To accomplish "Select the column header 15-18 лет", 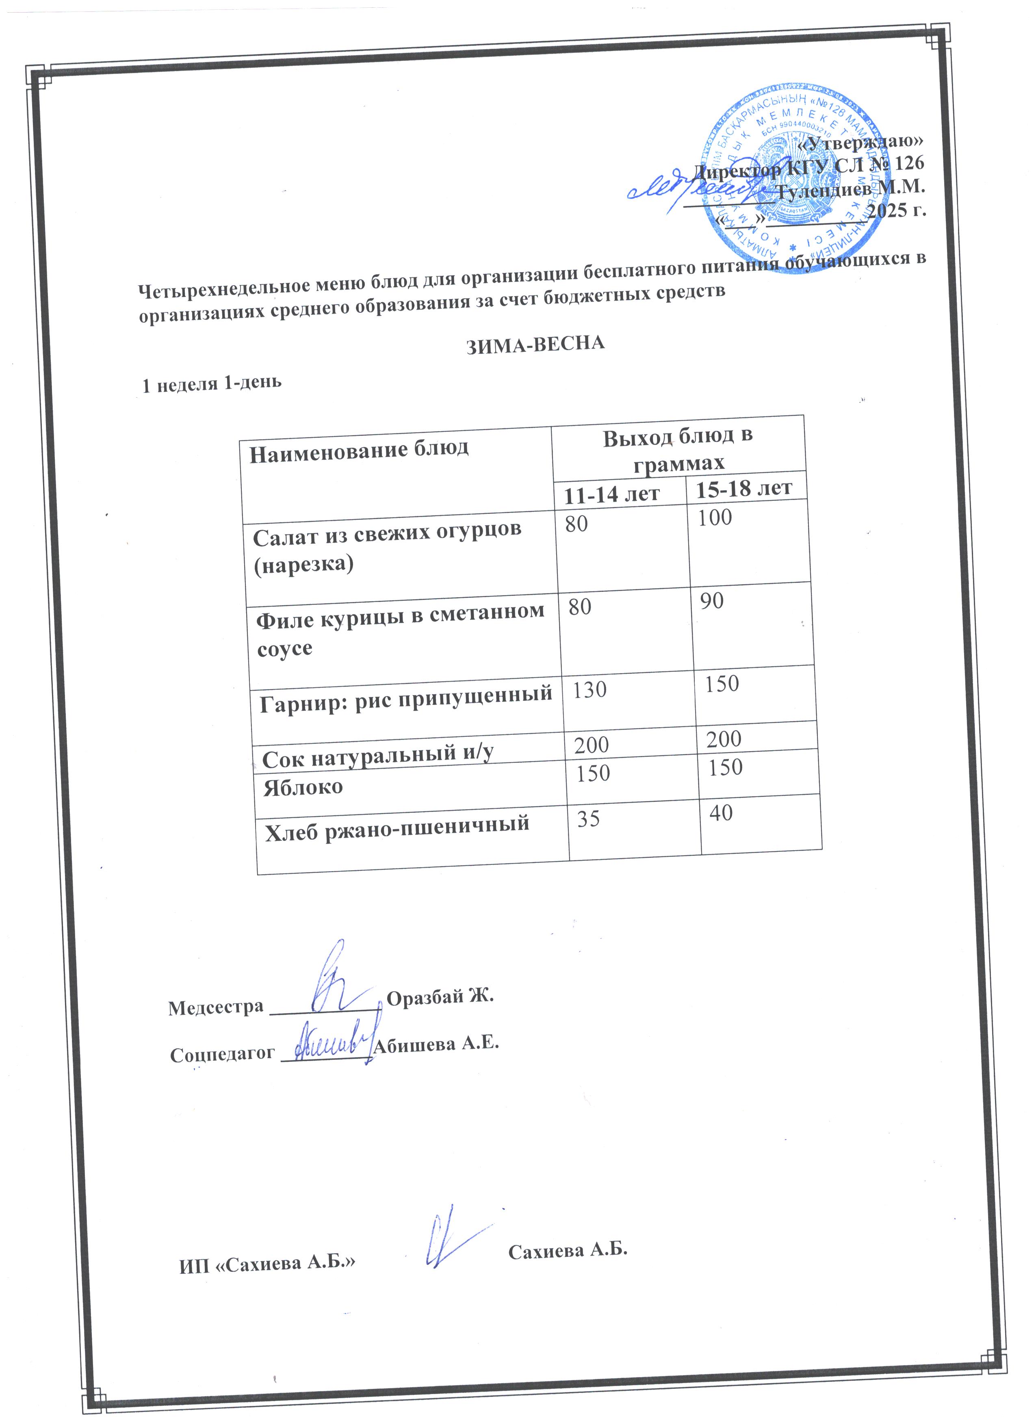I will (x=744, y=488).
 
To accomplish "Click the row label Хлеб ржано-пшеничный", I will (x=397, y=824).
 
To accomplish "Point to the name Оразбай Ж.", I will (x=440, y=997).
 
